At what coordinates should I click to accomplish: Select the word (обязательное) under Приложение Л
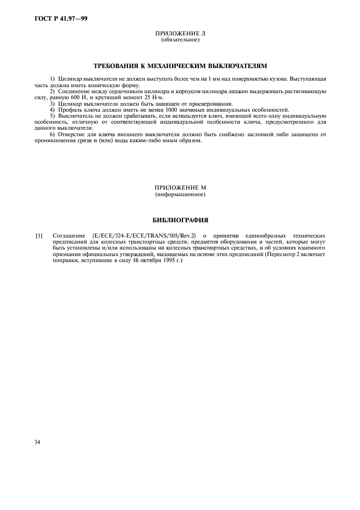pyautogui.click(x=180, y=40)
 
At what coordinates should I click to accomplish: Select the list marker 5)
pyautogui.click(x=52, y=116)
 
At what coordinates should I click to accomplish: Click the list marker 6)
pyautogui.click(x=52, y=134)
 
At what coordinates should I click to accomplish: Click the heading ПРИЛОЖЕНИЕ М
pyautogui.click(x=180, y=188)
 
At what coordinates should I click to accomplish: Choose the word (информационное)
pyautogui.click(x=180, y=195)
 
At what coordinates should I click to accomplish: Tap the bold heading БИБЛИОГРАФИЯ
pyautogui.click(x=180, y=220)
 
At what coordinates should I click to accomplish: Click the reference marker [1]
pyautogui.click(x=39, y=235)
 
